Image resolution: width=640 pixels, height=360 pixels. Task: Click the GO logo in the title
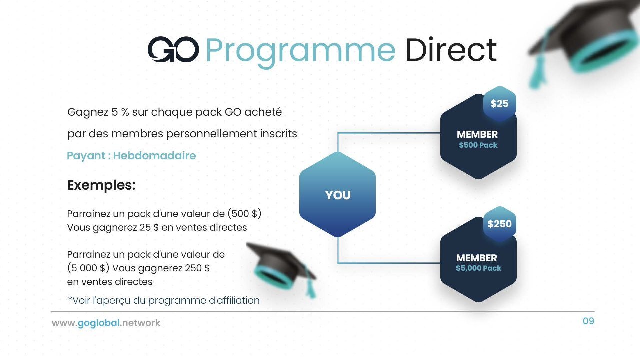(x=173, y=49)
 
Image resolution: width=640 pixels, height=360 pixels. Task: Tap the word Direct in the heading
(x=451, y=49)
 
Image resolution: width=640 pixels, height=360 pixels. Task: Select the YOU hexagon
(x=337, y=195)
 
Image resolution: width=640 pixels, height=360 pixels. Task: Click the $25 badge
(x=499, y=104)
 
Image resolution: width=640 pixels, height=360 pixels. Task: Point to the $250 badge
(x=499, y=224)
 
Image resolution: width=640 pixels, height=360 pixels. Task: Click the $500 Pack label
(x=478, y=145)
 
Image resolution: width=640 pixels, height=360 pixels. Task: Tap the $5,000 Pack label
(x=479, y=268)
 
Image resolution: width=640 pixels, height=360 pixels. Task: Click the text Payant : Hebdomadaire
(x=131, y=156)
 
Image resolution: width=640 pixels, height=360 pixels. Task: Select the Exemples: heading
(x=101, y=185)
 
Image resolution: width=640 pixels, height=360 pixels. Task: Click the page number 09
(x=589, y=321)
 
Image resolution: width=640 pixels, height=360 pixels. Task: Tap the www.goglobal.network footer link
(x=106, y=323)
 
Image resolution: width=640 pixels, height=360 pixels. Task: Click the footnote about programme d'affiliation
(x=164, y=301)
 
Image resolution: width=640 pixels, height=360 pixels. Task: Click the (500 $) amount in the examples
(x=244, y=214)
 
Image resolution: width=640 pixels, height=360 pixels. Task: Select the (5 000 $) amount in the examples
(x=88, y=268)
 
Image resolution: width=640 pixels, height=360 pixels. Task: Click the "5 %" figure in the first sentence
(x=120, y=112)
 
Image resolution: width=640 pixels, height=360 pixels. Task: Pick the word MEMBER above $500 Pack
(x=477, y=134)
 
